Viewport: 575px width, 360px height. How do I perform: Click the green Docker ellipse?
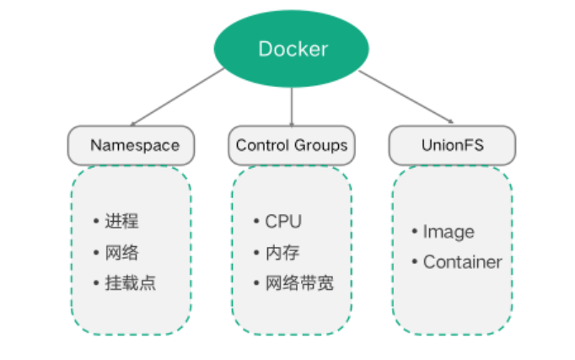(x=292, y=48)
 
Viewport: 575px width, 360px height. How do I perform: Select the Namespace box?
(x=131, y=145)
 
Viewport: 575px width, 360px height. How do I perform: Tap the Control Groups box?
(x=292, y=145)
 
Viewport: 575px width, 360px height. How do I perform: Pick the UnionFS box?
(x=453, y=145)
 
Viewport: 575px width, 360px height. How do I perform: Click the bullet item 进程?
(x=121, y=222)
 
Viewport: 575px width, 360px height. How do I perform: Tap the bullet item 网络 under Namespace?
(x=121, y=252)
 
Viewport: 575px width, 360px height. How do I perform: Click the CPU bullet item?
(x=282, y=222)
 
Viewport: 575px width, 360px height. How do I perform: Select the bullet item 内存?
(x=282, y=252)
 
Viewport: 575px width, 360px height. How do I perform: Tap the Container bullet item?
(x=462, y=262)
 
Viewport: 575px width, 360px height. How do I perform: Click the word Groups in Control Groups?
(x=320, y=145)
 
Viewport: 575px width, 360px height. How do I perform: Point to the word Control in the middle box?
(x=262, y=145)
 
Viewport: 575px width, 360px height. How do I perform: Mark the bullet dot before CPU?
(x=257, y=222)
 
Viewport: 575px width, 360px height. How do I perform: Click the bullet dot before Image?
(x=415, y=232)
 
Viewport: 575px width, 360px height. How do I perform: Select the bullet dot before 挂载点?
(x=97, y=282)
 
